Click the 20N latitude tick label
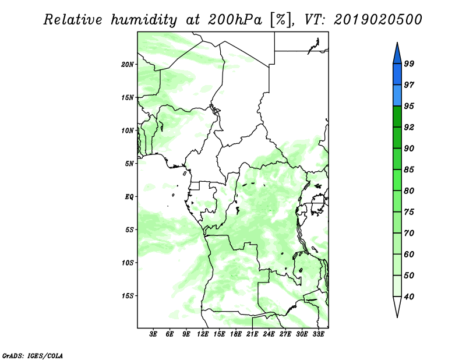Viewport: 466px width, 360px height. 128,65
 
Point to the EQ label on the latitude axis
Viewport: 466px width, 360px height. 129,197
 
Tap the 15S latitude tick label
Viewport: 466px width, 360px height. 128,296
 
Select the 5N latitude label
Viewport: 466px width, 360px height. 129,164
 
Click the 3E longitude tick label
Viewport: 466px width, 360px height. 153,334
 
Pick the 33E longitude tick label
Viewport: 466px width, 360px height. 318,334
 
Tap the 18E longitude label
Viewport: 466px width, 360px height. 236,334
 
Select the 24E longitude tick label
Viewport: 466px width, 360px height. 269,334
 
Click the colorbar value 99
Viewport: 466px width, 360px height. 409,63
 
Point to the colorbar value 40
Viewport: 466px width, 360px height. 409,297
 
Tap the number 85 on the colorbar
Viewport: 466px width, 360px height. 409,170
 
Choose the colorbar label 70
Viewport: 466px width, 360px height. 409,233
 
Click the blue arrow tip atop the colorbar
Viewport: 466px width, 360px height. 397,43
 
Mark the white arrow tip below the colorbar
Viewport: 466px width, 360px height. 397,317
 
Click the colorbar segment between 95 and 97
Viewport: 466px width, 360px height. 397,96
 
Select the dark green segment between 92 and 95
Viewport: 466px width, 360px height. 397,117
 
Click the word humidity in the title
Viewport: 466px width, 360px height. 144,20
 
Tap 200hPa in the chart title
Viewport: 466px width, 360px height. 235,20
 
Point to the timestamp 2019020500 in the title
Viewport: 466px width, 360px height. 377,20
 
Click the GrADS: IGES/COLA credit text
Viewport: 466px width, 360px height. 33,355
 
